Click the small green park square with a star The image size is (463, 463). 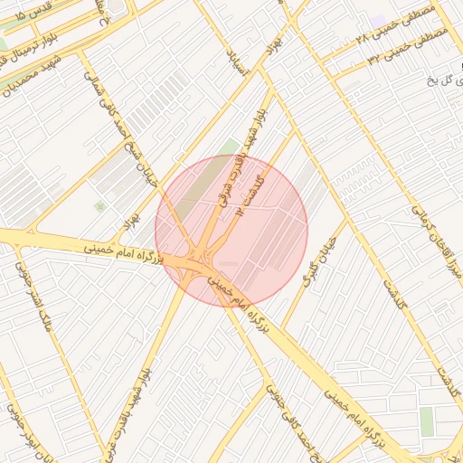(x=99, y=207)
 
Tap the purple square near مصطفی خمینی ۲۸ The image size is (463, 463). (x=378, y=20)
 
